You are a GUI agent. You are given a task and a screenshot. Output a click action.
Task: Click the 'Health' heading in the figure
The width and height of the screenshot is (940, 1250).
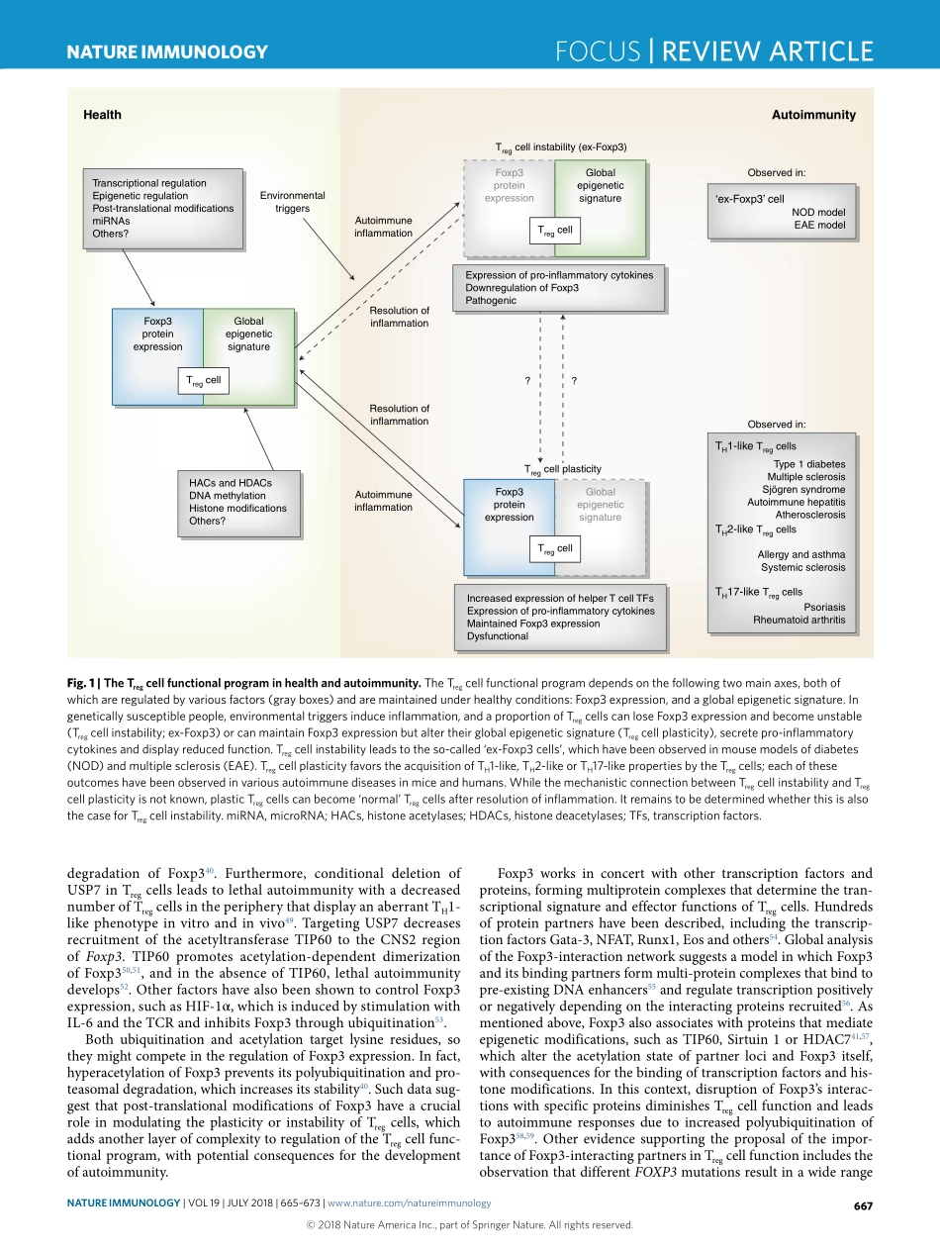(x=102, y=115)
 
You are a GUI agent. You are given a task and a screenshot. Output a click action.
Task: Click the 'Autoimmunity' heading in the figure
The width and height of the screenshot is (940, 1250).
(x=812, y=115)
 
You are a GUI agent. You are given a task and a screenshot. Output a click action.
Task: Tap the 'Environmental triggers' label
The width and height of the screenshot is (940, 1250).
(x=292, y=202)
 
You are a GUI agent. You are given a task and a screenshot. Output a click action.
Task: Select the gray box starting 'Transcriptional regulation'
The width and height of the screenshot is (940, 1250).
(x=162, y=208)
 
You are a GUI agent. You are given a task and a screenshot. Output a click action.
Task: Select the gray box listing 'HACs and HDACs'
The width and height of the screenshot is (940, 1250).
(x=236, y=502)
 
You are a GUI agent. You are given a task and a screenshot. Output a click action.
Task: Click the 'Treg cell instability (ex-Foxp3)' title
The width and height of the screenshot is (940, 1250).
(x=560, y=146)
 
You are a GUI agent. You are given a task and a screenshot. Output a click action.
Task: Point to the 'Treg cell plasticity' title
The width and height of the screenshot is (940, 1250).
(x=562, y=468)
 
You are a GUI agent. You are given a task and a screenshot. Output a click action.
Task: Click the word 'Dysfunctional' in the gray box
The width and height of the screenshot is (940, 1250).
(x=497, y=636)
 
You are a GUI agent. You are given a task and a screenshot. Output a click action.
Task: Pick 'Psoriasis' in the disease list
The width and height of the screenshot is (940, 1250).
(x=824, y=606)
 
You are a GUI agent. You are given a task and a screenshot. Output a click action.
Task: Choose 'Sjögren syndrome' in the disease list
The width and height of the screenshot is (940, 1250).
(x=803, y=489)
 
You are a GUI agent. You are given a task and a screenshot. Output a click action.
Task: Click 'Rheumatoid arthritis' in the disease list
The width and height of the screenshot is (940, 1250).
(x=799, y=620)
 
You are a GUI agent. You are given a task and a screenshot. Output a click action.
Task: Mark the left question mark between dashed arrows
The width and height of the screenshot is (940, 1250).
(x=527, y=380)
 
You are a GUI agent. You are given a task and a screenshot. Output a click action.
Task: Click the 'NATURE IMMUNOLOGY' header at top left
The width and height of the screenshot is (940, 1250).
(x=166, y=52)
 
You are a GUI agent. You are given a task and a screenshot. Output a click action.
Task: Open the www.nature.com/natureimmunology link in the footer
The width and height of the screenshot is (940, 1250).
(x=409, y=1203)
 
